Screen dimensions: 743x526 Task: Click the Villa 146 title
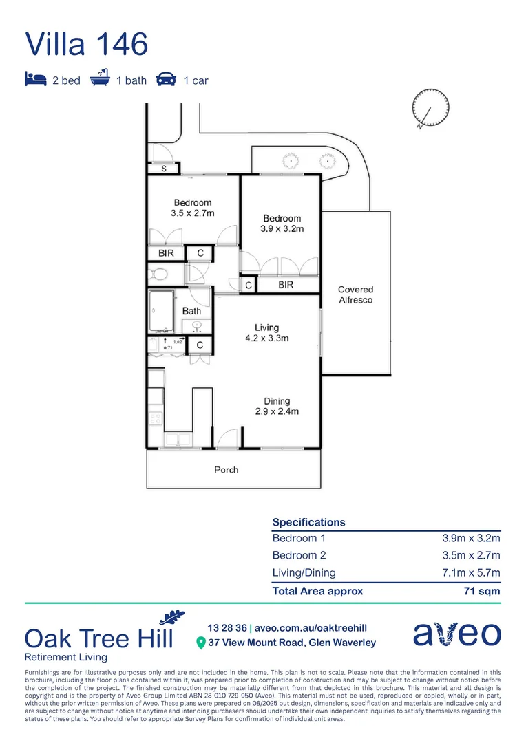pos(87,43)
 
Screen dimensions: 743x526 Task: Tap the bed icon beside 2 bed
pos(35,80)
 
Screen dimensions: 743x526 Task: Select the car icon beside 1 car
pos(165,80)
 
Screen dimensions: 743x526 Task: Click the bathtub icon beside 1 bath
pos(101,79)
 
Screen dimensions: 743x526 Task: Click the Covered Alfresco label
pos(355,295)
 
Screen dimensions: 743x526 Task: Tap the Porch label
pos(226,469)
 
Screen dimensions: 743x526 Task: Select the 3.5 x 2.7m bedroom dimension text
pos(193,213)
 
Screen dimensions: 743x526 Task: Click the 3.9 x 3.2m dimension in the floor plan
pos(282,229)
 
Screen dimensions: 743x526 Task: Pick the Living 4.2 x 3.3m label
pos(266,333)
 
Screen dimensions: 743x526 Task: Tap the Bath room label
pos(191,311)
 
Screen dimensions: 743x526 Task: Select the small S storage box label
pos(164,168)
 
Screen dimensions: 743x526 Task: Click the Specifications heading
pos(308,522)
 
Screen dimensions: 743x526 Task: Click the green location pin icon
pos(200,643)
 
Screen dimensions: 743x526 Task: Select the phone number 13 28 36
pos(227,627)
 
